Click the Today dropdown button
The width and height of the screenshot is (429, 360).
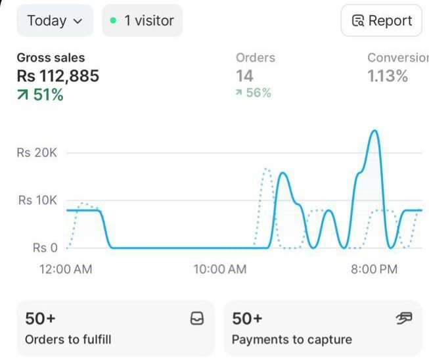[x=55, y=20]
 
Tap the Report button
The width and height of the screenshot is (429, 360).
[x=381, y=20]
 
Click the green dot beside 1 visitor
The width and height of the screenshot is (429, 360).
[x=113, y=21]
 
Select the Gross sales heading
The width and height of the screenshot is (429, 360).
[x=51, y=58]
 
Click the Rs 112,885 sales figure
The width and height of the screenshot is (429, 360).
[x=58, y=76]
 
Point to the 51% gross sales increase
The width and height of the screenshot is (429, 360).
[x=41, y=95]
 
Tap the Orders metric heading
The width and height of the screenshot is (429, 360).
[x=256, y=58]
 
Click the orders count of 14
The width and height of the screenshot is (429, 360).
[x=244, y=76]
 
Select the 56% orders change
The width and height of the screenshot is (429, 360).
[x=253, y=93]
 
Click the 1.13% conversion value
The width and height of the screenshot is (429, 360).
[x=388, y=76]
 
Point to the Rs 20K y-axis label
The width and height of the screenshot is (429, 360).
[x=37, y=152]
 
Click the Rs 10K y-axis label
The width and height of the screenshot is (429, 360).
[x=37, y=200]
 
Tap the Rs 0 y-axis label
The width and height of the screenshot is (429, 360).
[x=45, y=248]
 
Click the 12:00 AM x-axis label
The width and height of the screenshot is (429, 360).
[x=66, y=269]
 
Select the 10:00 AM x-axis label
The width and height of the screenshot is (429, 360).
[x=220, y=269]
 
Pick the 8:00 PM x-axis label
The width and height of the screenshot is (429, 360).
[x=374, y=269]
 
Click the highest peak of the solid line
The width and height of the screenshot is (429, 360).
[x=374, y=131]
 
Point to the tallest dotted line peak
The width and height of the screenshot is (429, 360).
[x=266, y=169]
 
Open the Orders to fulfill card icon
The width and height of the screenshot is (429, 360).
[x=196, y=319]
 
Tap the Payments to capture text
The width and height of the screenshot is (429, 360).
[x=292, y=340]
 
